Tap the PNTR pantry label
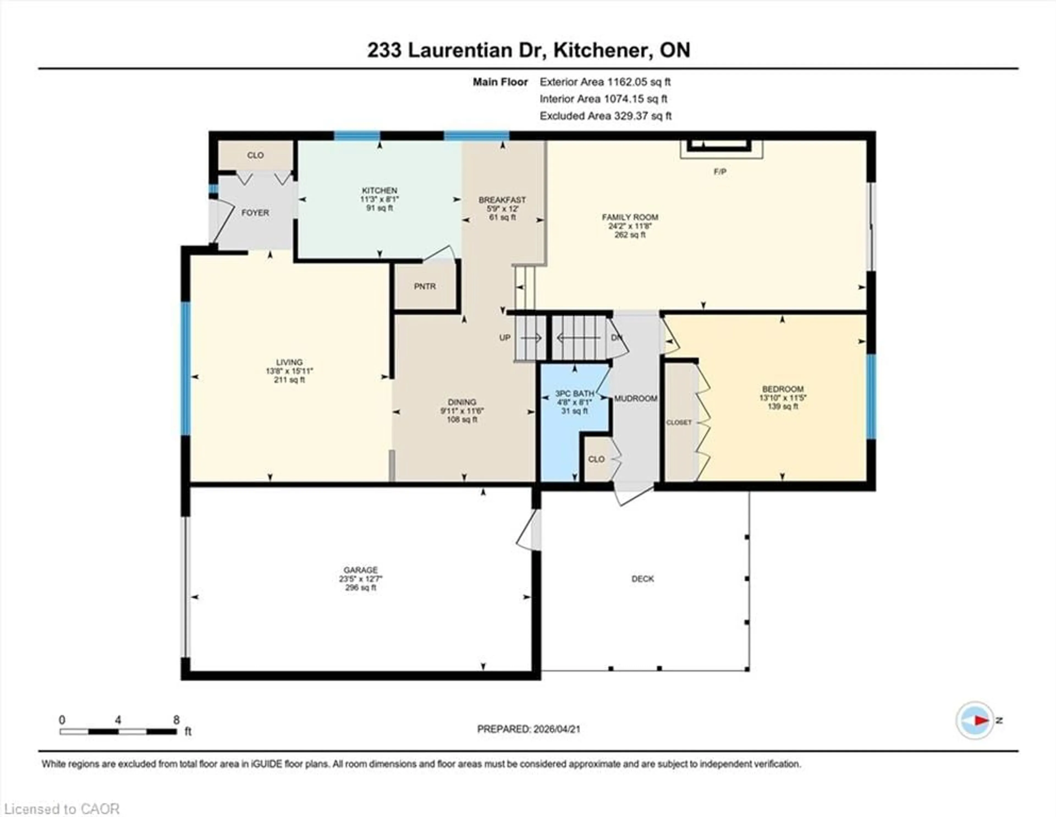point(425,286)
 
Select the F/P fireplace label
point(720,172)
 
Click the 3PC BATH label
point(574,394)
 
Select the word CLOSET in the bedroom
point(679,422)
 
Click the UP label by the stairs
point(505,338)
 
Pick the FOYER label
point(255,213)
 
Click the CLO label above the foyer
point(255,155)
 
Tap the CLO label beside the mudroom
point(596,459)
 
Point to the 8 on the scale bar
point(177,720)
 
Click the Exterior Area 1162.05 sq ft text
point(605,82)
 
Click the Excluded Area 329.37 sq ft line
point(605,116)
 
